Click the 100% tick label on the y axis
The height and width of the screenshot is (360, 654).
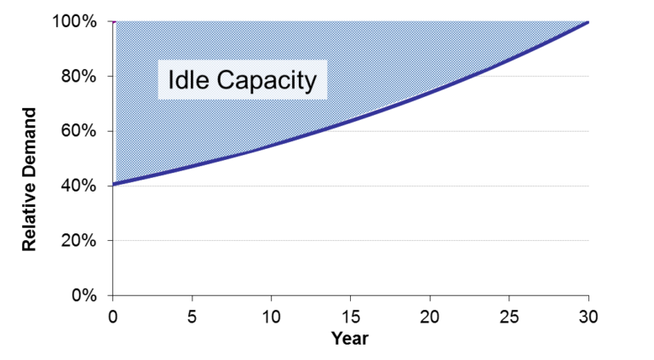(75, 21)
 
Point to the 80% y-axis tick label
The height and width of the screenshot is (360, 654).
(79, 77)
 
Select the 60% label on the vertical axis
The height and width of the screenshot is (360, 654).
(79, 131)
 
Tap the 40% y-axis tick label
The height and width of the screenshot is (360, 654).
(79, 186)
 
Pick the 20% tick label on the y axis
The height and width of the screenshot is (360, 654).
(79, 240)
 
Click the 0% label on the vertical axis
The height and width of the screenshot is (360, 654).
(83, 295)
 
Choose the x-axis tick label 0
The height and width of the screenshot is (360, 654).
(112, 317)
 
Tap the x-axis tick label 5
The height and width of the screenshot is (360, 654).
(192, 317)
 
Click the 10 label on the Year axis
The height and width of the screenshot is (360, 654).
(271, 317)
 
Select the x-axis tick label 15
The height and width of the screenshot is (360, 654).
(350, 317)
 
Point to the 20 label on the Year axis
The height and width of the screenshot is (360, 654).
(429, 317)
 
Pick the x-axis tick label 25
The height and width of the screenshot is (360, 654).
(509, 317)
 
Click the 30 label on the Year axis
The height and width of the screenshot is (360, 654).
(588, 317)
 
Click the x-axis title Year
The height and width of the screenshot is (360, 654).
(350, 339)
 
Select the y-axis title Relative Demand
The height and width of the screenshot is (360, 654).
(29, 180)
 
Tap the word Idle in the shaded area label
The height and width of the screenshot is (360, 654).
(188, 79)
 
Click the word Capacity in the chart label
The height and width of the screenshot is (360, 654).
(267, 81)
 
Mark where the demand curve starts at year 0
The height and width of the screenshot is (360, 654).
(113, 184)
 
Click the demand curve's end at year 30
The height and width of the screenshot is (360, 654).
(588, 21)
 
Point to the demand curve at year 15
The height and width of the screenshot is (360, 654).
(350, 121)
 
